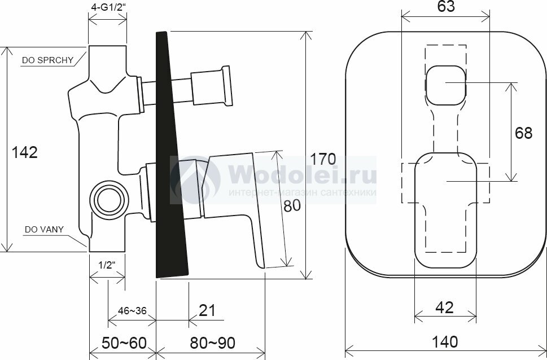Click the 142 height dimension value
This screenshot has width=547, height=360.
(x=25, y=152)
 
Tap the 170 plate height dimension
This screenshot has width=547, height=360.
(x=323, y=159)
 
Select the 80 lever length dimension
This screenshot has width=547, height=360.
(x=292, y=206)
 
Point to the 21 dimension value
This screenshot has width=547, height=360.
(x=207, y=310)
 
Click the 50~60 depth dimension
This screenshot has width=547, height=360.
(x=124, y=343)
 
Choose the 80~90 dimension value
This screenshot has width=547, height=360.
(x=212, y=343)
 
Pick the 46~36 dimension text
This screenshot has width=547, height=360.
(x=132, y=311)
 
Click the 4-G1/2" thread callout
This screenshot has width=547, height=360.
(x=107, y=7)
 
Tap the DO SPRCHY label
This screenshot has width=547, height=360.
(x=48, y=60)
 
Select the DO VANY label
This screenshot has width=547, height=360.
(x=44, y=230)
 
